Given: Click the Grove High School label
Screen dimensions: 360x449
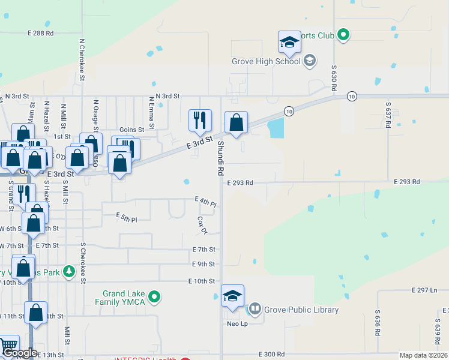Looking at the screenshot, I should [266, 61].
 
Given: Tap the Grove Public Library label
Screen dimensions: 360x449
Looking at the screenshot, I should [301, 310].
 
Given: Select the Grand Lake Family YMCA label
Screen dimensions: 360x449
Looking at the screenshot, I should [124, 298].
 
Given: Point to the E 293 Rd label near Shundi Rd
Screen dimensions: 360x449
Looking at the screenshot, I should [240, 182].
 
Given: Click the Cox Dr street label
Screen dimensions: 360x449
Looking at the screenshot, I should [202, 226].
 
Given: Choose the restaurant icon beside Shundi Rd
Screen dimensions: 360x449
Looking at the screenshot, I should [200, 121].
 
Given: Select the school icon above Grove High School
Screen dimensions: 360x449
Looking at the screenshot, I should [289, 42].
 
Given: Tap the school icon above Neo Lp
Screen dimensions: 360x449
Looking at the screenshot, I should [232, 296].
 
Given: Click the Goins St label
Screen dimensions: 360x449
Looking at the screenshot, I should [132, 130].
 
